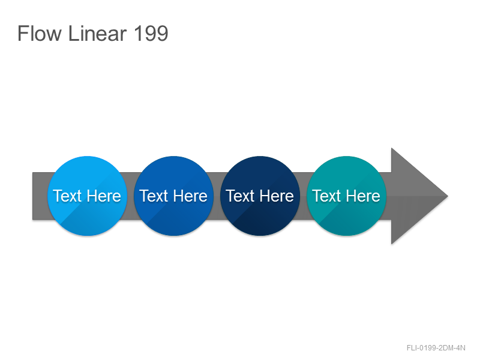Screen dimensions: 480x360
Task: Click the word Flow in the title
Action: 40,34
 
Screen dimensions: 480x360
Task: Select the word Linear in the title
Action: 97,34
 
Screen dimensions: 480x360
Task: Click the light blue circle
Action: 87,196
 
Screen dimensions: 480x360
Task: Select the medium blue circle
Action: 173,196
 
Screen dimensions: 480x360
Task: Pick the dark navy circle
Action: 260,196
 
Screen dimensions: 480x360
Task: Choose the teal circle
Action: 346,196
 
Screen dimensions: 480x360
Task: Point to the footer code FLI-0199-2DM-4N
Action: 436,348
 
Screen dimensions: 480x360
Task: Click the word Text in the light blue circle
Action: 68,196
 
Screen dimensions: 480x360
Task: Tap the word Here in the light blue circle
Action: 104,196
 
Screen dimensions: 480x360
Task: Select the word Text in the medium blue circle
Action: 154,196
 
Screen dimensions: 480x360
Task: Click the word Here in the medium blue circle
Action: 190,196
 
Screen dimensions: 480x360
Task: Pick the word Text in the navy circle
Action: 241,196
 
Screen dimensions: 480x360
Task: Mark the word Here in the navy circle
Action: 277,196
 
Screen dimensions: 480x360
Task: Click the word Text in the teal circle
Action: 326,196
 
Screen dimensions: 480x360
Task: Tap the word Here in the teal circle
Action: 363,196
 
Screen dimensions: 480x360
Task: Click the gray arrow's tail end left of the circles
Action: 40,196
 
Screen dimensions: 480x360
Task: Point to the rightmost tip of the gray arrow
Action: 448,196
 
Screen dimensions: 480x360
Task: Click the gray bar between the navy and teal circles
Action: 303,196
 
